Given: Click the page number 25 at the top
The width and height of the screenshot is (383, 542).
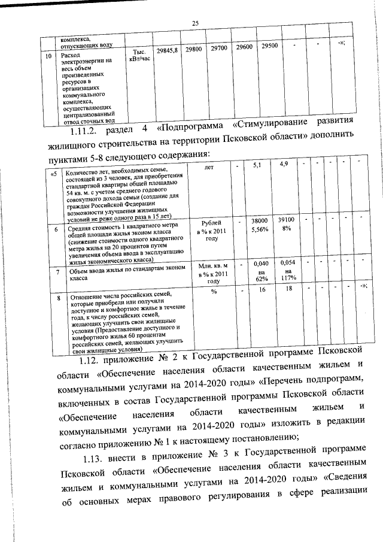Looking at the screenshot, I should (x=195, y=23).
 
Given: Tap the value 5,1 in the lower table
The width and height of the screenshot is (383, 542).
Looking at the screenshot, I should (x=258, y=165).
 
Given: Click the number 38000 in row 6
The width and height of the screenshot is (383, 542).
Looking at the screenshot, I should (x=259, y=222).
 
